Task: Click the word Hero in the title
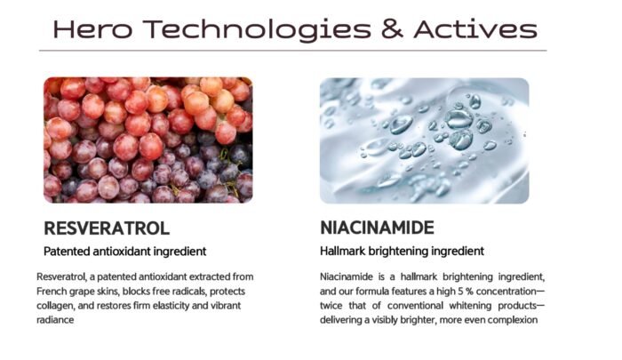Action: click(92, 29)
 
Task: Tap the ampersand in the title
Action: click(392, 29)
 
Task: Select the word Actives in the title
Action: click(475, 29)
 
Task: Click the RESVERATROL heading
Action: click(107, 228)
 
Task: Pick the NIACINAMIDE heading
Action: click(377, 228)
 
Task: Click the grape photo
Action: click(148, 140)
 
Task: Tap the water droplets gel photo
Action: click(424, 140)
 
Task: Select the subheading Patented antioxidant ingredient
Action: click(125, 252)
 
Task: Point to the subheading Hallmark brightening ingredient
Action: click(402, 252)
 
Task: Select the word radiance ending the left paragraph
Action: click(55, 320)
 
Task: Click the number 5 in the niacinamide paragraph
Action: click(460, 292)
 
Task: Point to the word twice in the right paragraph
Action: click(331, 306)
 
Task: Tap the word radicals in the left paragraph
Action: click(188, 292)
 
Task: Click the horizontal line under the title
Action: click(292, 51)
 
